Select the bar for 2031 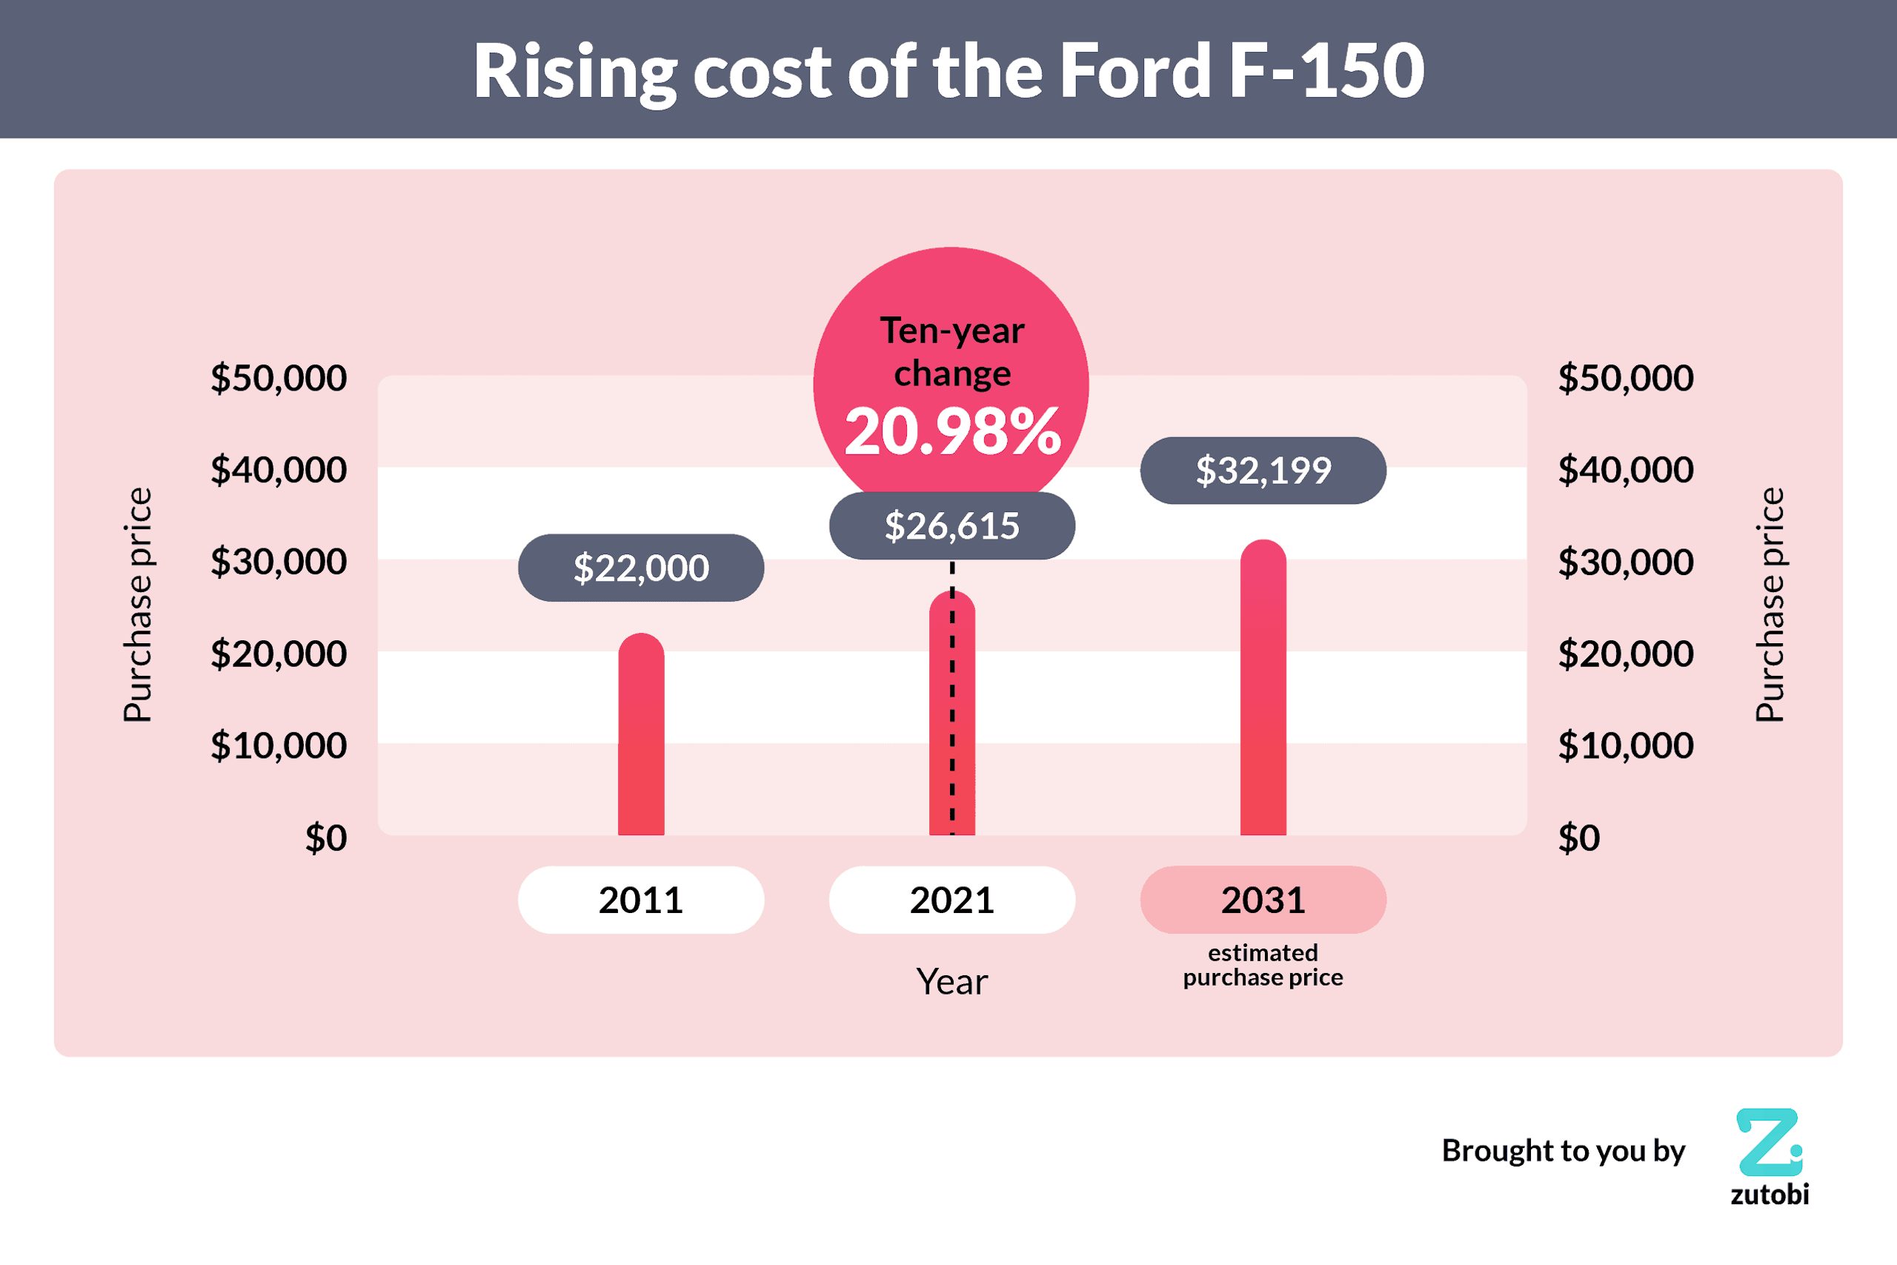[1263, 690]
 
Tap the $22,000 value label [641, 568]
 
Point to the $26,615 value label [951, 526]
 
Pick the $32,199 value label [1263, 471]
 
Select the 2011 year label [641, 900]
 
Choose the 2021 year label [951, 900]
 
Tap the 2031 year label [1263, 900]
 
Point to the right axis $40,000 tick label [1625, 471]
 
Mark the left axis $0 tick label [326, 838]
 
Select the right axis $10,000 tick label [1625, 746]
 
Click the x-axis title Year [951, 982]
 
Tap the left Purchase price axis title [138, 605]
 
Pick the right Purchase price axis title [1770, 605]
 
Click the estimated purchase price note [1263, 965]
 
